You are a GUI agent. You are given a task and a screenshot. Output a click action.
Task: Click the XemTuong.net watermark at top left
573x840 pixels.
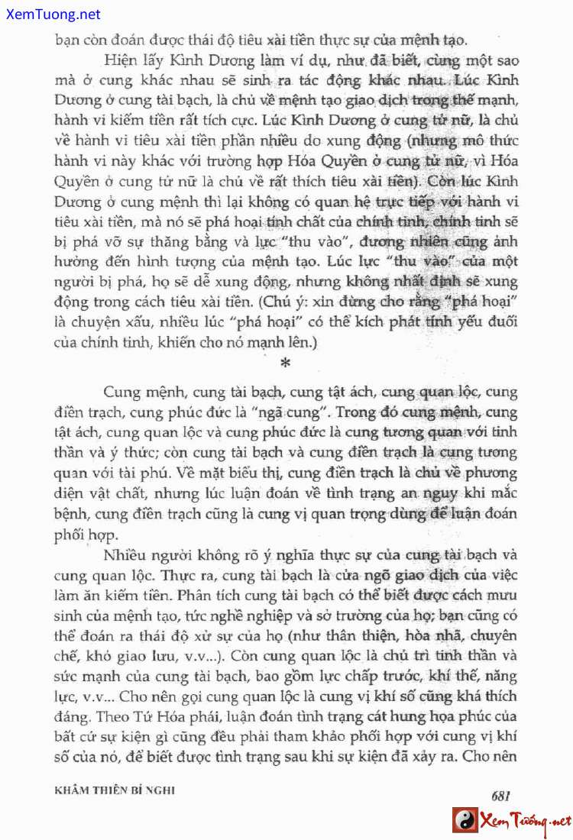[x=50, y=14]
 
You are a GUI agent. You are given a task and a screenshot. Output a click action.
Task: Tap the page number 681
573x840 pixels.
[x=500, y=795]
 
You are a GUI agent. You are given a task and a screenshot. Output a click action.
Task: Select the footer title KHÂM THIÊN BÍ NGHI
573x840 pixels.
[x=115, y=790]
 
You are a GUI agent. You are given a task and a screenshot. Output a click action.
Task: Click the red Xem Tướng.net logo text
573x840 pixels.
[x=525, y=822]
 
